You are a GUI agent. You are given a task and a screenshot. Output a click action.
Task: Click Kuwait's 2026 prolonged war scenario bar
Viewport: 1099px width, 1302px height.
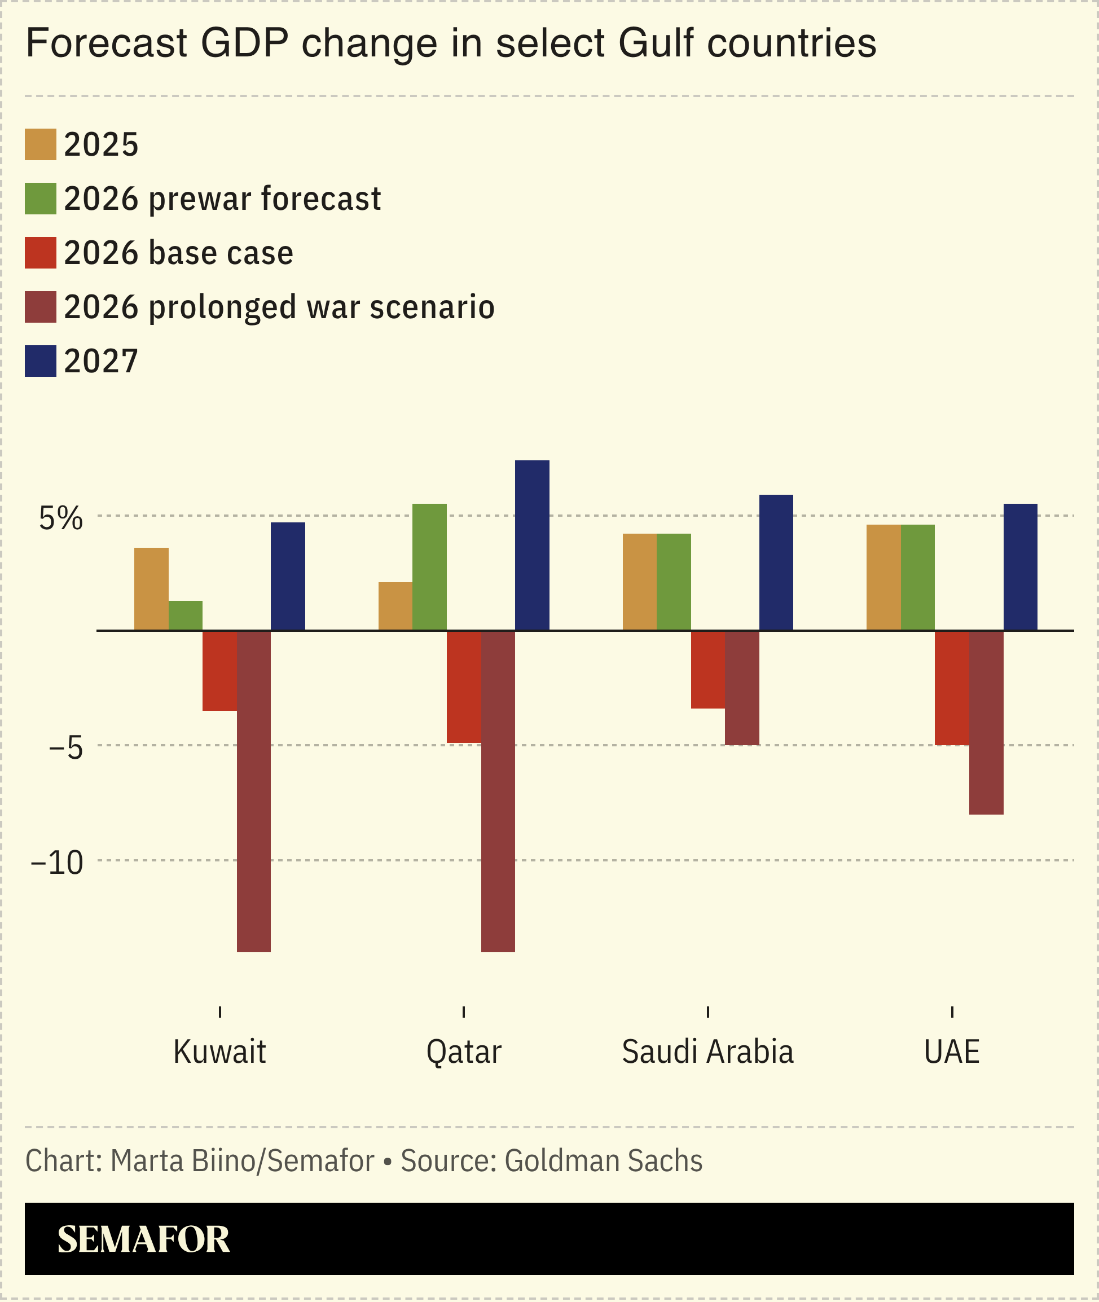(253, 790)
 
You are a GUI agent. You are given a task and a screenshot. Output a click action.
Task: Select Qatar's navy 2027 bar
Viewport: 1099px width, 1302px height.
(532, 545)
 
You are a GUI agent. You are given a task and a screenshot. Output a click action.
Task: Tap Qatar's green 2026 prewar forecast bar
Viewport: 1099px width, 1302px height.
(429, 567)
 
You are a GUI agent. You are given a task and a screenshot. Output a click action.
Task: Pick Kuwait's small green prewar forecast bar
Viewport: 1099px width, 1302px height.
(186, 615)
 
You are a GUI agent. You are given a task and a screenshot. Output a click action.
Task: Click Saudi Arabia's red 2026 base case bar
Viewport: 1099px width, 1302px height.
(707, 670)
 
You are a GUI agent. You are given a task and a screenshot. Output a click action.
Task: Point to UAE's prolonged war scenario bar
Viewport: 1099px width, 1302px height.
(986, 723)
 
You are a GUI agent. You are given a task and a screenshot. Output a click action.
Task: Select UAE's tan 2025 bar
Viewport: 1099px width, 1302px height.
(883, 578)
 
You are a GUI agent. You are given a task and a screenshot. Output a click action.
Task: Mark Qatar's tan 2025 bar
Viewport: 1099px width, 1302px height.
(395, 606)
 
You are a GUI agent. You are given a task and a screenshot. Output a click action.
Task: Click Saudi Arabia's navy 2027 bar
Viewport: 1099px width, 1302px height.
(776, 562)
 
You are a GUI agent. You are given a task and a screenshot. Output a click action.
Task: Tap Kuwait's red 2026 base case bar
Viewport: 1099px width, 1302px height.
(219, 671)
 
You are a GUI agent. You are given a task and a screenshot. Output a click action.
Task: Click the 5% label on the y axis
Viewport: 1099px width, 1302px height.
(60, 518)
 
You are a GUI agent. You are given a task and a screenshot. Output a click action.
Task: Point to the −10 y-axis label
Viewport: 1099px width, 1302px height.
(56, 863)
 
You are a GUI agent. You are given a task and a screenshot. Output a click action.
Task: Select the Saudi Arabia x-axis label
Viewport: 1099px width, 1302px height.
(707, 1052)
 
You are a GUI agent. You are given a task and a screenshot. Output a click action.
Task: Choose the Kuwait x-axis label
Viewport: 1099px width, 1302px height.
(219, 1052)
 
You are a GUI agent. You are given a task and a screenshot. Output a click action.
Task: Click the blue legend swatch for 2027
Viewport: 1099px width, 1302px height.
(41, 360)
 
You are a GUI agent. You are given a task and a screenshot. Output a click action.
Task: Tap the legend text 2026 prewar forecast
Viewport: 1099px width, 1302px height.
(222, 199)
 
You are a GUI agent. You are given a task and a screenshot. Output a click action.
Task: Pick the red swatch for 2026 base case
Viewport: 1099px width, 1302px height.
(41, 252)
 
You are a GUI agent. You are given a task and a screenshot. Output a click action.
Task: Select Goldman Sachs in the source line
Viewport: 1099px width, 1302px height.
(603, 1160)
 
